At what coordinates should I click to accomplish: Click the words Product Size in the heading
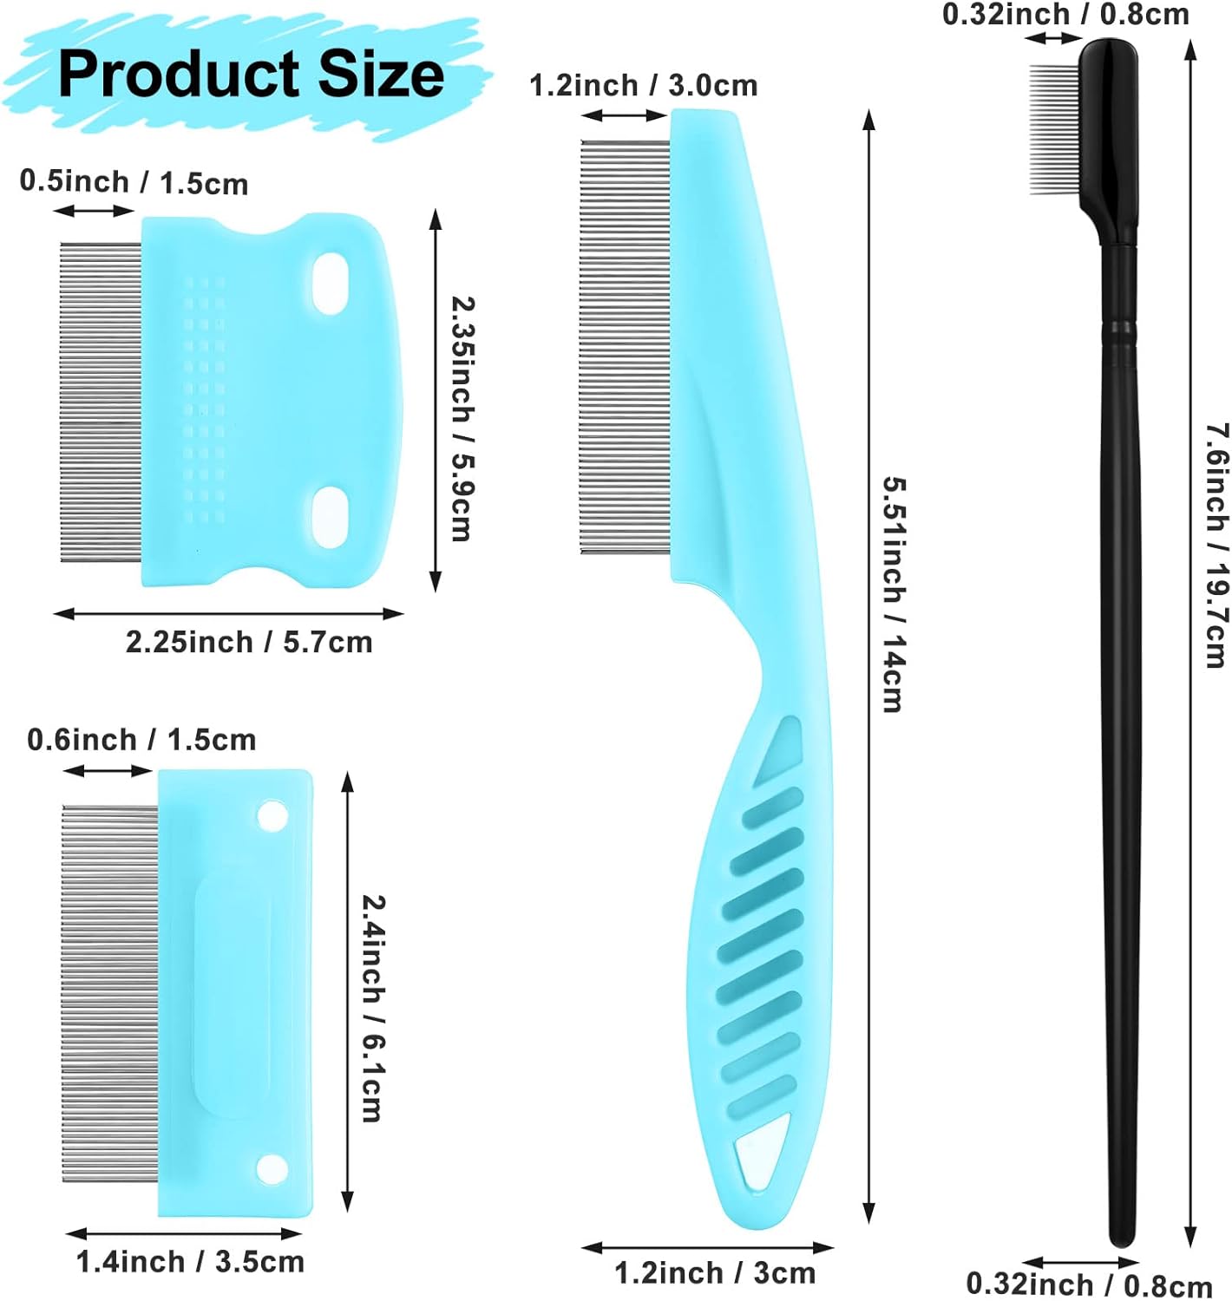(x=251, y=74)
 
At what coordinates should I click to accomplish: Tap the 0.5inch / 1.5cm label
(x=134, y=182)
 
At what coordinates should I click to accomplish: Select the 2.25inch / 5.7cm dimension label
(x=249, y=642)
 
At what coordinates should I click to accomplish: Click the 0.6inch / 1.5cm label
(x=141, y=740)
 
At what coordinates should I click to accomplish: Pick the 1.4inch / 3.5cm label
(x=191, y=1262)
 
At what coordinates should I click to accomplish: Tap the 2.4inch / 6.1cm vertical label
(x=374, y=1009)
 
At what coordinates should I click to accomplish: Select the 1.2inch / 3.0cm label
(x=644, y=85)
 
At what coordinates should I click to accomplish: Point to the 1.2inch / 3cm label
(x=715, y=1273)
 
